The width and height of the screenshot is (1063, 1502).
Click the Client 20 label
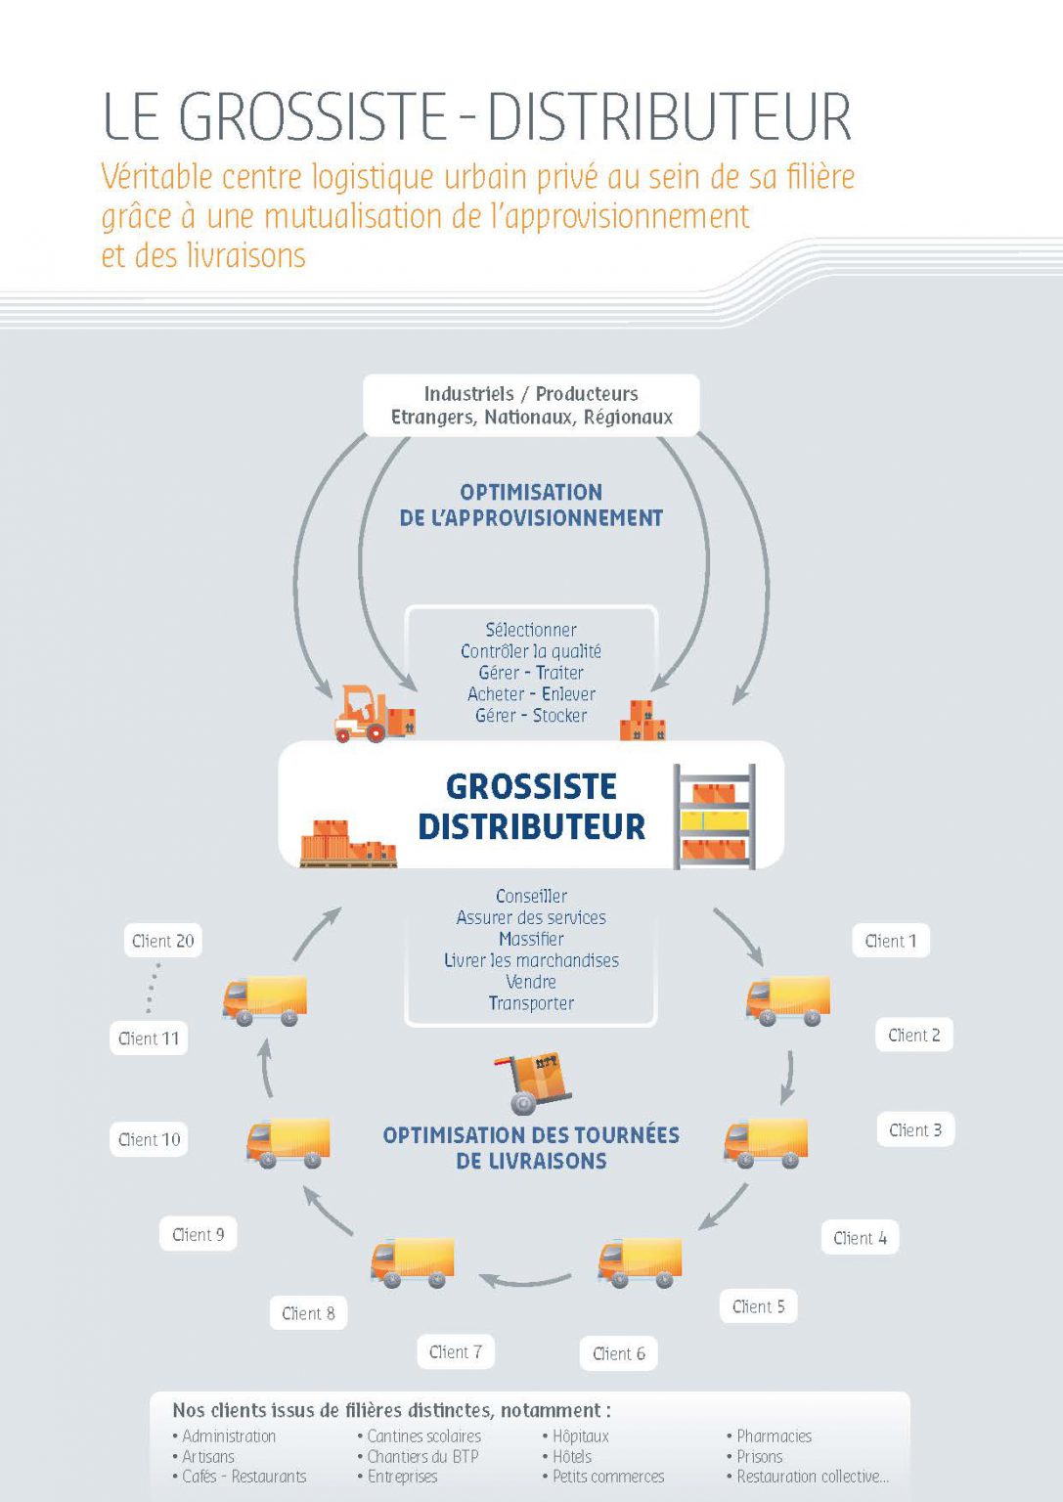(163, 941)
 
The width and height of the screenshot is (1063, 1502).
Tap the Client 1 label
(891, 941)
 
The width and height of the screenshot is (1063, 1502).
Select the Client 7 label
(456, 1351)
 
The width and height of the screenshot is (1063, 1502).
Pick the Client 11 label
(149, 1038)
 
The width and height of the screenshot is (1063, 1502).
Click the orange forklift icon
(375, 714)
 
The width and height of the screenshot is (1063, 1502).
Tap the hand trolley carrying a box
(533, 1082)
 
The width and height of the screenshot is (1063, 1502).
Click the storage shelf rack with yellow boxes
(714, 817)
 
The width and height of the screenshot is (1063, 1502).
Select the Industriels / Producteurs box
(531, 405)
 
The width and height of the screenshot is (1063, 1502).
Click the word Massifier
(531, 939)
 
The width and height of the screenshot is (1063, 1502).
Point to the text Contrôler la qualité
(531, 651)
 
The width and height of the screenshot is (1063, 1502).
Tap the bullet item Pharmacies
(770, 1436)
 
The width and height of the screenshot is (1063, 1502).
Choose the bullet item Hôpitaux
(576, 1436)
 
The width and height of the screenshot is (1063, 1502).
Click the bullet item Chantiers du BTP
(418, 1456)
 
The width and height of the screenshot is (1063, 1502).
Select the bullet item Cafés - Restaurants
(240, 1477)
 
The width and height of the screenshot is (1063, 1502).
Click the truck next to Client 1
(788, 1000)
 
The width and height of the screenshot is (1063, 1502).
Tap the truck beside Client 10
(288, 1143)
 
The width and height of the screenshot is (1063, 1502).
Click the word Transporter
(531, 1003)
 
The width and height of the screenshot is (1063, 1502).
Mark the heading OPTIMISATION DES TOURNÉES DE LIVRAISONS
(531, 1147)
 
